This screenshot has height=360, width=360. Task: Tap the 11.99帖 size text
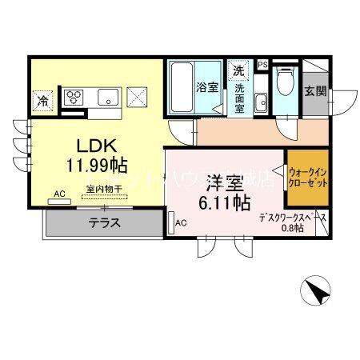click(97, 165)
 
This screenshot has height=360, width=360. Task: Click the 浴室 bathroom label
click(208, 86)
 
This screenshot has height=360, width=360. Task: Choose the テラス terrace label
click(105, 223)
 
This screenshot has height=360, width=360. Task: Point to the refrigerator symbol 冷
click(42, 101)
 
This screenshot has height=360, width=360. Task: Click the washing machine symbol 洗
click(238, 70)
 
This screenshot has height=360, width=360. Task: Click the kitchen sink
click(106, 98)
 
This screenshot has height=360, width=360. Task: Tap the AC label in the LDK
click(60, 194)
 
